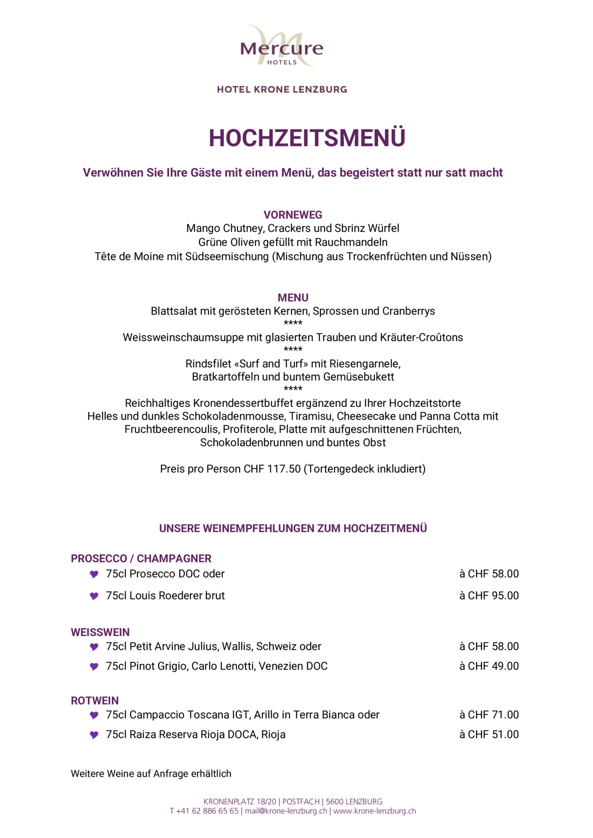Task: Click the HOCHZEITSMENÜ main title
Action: (307, 138)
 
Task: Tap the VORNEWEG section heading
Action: (293, 215)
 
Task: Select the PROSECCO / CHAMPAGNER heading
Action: (141, 559)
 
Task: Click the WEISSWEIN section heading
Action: (100, 632)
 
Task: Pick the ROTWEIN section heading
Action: (95, 701)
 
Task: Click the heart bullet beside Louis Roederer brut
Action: (94, 596)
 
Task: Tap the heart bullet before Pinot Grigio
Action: (94, 667)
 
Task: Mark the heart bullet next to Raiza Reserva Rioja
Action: (94, 735)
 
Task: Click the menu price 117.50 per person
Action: (284, 469)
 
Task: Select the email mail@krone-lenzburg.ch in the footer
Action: (286, 811)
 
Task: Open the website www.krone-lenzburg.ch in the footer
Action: (374, 811)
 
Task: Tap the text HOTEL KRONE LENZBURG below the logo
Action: (282, 89)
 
